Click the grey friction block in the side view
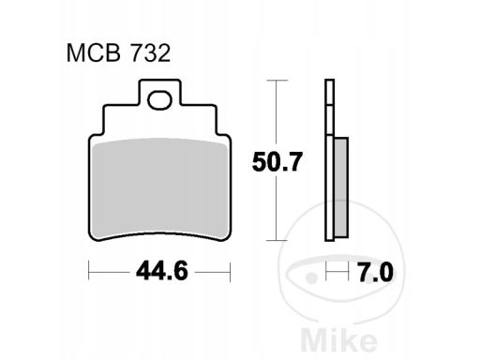[x=339, y=187]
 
